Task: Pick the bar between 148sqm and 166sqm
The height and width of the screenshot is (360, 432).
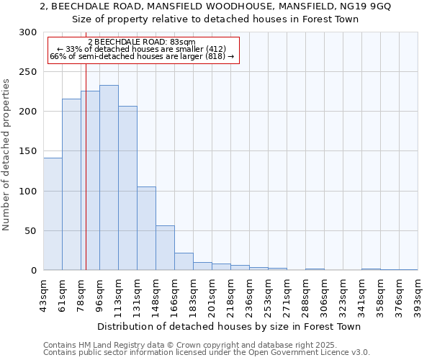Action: (165, 248)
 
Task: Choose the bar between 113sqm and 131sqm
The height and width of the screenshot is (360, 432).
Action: (127, 188)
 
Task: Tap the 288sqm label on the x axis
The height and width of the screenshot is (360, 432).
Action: (307, 293)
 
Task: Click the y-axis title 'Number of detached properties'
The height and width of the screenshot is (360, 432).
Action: (6, 155)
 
